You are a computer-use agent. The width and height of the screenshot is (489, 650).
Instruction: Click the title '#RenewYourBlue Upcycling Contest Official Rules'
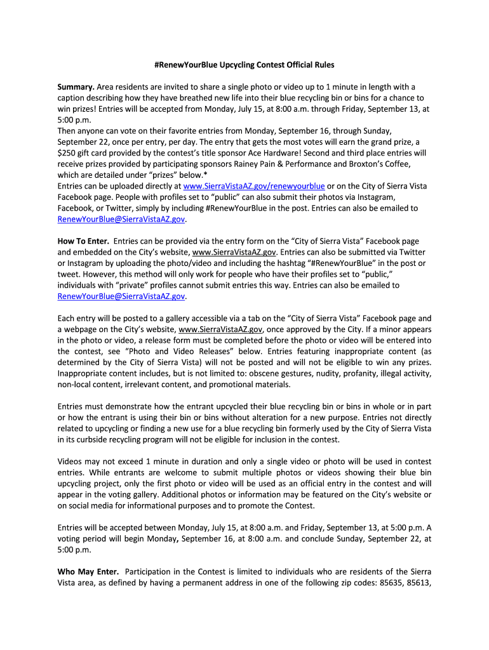[x=245, y=65]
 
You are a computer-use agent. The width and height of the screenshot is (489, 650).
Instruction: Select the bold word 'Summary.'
[x=76, y=87]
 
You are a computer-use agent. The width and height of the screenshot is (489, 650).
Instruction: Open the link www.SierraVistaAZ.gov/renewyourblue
[x=254, y=186]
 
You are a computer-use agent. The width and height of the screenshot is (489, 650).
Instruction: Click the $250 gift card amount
[x=68, y=153]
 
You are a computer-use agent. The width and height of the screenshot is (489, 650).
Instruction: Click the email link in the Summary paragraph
[x=121, y=219]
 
